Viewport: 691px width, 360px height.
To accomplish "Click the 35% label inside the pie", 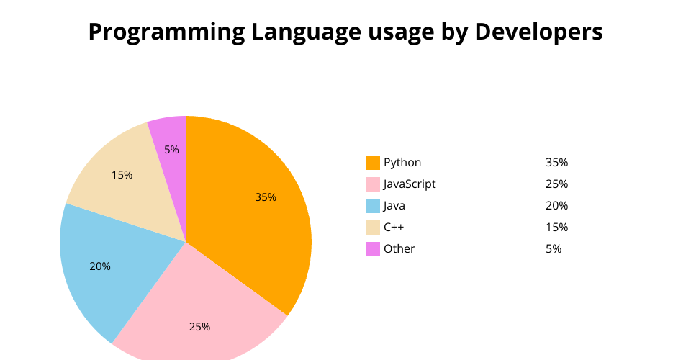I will point(266,197).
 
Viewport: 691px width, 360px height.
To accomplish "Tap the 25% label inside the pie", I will point(199,327).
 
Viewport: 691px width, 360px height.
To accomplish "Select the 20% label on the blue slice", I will point(100,266).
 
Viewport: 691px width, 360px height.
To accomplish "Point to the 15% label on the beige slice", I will point(122,175).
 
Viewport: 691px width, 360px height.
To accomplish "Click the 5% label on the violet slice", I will point(171,150).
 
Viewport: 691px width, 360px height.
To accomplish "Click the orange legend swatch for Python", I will point(373,163).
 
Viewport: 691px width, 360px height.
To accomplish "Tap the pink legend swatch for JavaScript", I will point(373,184).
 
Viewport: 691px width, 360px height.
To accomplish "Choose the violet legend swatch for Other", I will point(373,249).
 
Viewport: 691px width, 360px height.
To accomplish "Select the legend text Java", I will point(394,206).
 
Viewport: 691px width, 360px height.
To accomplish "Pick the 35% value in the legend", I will point(556,163).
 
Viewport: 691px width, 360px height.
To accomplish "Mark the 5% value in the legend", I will point(554,249).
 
